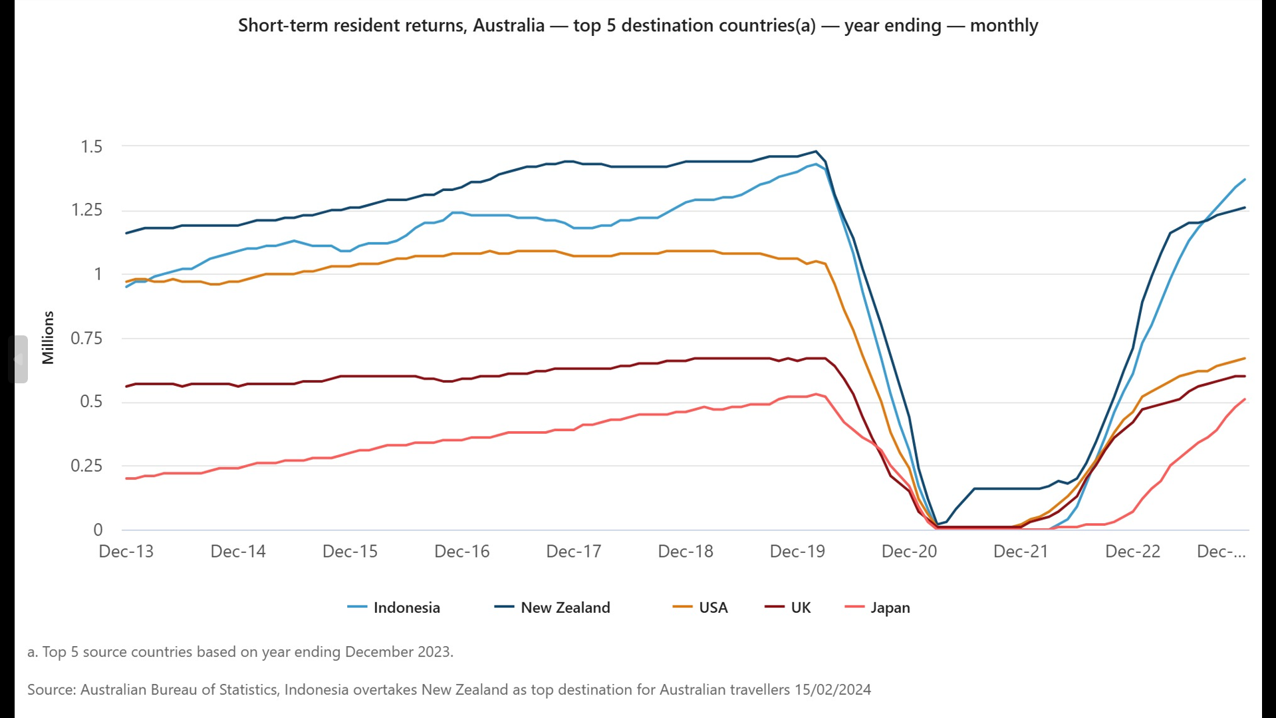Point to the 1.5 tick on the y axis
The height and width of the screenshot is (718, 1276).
coord(92,146)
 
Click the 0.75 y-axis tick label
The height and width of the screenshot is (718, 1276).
coord(86,338)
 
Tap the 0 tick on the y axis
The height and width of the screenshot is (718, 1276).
coord(98,530)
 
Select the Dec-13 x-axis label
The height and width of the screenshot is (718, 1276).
coord(126,552)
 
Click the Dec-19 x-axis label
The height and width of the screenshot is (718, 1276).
coord(797,552)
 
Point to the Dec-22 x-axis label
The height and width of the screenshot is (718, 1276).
coord(1132,552)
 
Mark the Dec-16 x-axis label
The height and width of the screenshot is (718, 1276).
coord(461,552)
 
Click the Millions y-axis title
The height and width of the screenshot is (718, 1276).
coord(48,337)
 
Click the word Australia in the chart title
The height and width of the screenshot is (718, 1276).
coord(509,25)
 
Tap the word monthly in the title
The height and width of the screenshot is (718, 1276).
coord(1003,25)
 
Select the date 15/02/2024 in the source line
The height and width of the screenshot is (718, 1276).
coord(832,689)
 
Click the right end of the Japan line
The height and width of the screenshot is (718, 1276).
coord(1245,399)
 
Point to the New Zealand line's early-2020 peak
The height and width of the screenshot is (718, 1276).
coord(816,151)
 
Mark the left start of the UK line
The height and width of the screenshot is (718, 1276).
coord(126,387)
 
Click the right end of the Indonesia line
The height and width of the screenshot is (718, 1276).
coord(1245,180)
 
